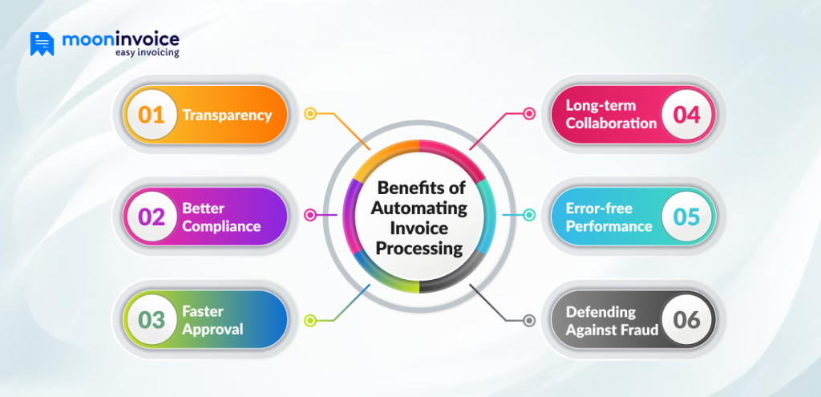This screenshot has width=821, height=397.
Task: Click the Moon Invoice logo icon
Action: point(42,44)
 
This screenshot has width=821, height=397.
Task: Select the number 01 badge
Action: point(152,115)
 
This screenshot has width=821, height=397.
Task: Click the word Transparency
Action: point(227,115)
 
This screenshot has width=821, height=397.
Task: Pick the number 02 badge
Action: point(152,217)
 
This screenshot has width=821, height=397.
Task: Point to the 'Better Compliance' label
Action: point(221,217)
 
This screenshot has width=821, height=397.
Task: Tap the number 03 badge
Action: point(152,319)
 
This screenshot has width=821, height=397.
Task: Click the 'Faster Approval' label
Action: point(212,319)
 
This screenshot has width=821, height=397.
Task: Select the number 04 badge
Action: point(686,115)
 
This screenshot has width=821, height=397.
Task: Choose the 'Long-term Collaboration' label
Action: point(611,115)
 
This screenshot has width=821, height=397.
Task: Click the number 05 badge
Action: point(686,217)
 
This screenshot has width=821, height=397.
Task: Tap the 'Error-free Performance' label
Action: point(609,217)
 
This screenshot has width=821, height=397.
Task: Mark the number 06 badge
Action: point(686,319)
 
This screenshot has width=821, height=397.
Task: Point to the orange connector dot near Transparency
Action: point(309,114)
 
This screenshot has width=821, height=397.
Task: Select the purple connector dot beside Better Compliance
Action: point(309,215)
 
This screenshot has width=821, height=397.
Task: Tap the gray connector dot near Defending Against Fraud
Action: point(528,321)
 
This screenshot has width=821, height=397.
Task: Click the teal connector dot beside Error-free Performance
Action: point(528,215)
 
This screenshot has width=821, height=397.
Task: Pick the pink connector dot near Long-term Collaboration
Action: point(528,114)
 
